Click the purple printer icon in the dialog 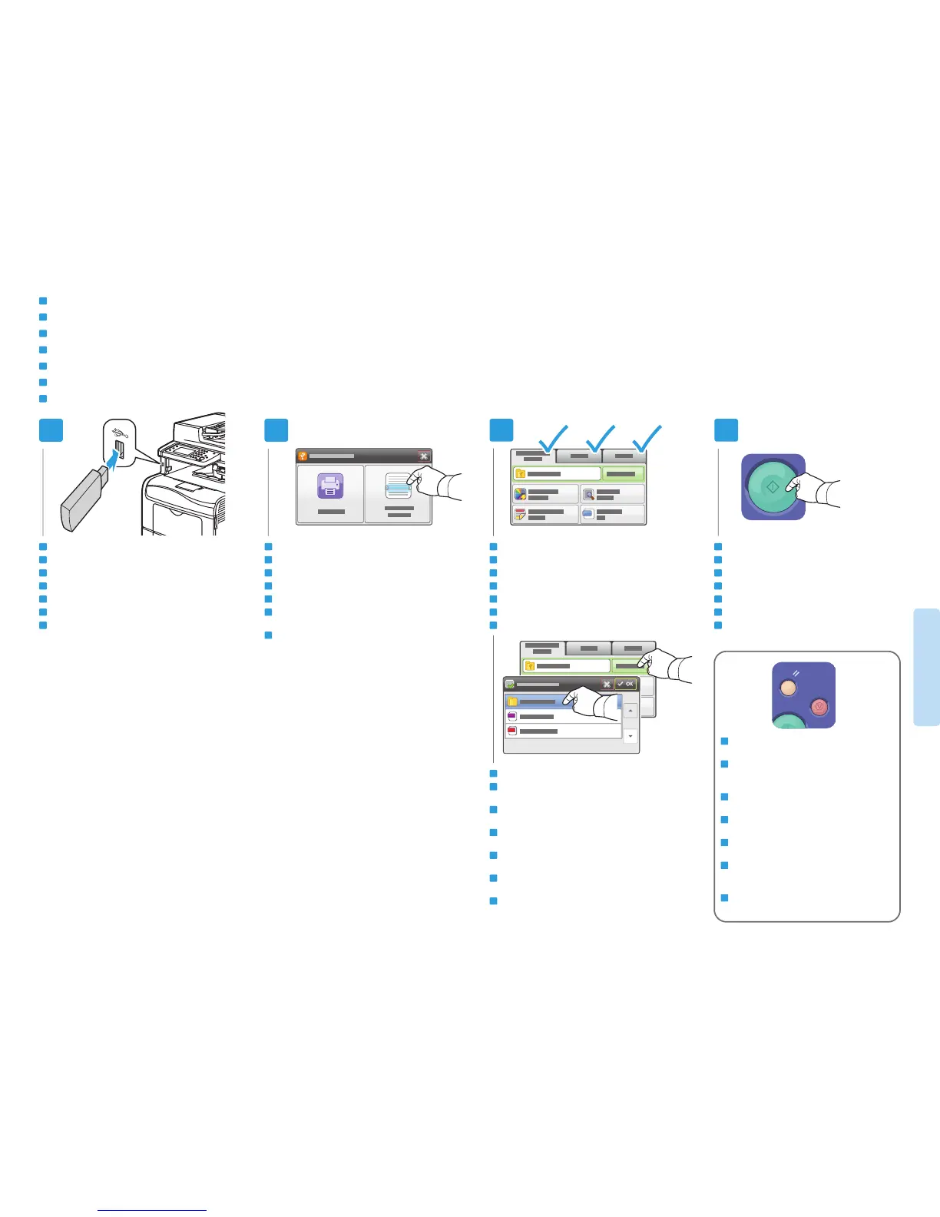tap(330, 486)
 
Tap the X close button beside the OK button tap(607, 684)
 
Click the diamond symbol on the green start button tap(773, 487)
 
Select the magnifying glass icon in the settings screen tap(588, 495)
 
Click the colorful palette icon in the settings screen tap(520, 495)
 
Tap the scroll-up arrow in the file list tap(631, 710)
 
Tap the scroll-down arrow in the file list tap(631, 736)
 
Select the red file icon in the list tap(511, 731)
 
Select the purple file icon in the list tap(511, 716)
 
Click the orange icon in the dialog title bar tap(303, 456)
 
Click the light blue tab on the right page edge tap(927, 667)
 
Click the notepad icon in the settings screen tap(520, 515)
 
